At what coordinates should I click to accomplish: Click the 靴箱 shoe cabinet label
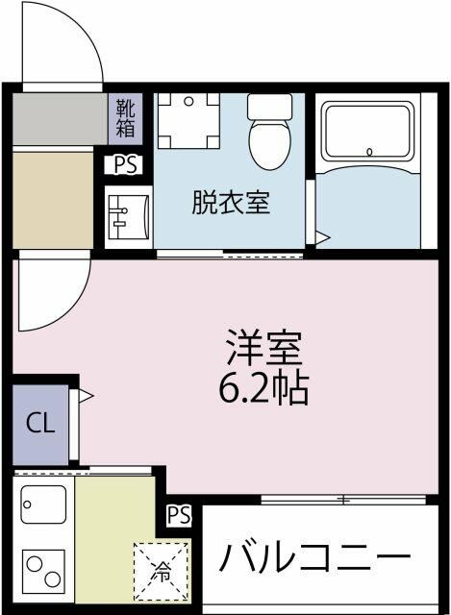click(126, 117)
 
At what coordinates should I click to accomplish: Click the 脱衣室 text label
click(230, 203)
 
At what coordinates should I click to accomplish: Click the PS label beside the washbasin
click(125, 164)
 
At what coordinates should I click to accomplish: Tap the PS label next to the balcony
click(178, 516)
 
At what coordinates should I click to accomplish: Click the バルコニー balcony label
click(313, 557)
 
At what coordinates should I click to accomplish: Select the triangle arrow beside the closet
click(87, 394)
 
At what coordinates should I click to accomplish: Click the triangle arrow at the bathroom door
click(324, 236)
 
